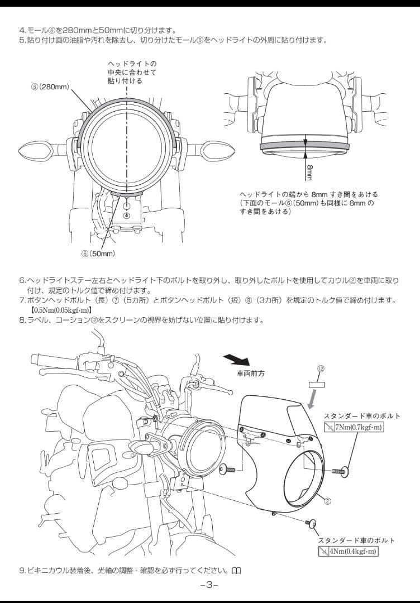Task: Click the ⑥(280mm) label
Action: coord(50,88)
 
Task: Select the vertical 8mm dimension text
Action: coord(309,172)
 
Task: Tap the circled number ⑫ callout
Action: coord(321,368)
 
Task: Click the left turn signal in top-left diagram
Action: coord(35,149)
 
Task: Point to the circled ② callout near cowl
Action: coord(328,501)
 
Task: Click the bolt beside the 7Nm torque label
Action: coord(341,472)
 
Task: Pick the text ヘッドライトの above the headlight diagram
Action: coord(132,64)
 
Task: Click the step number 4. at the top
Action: coord(22,30)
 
